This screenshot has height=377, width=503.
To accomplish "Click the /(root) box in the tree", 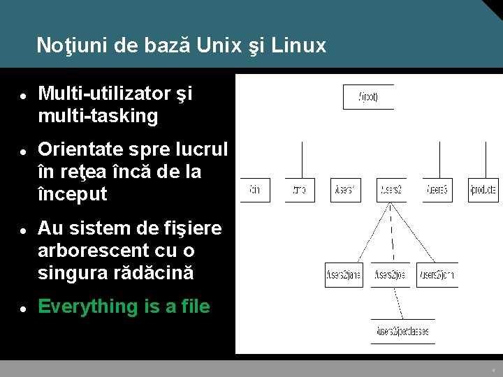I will tap(368, 97).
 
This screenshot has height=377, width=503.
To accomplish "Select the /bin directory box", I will tap(255, 190).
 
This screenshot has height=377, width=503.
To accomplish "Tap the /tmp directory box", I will tap(300, 190).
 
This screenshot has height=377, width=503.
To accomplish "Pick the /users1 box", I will tap(345, 190).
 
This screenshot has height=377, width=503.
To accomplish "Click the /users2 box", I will tap(391, 190).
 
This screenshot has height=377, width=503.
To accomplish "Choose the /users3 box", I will tap(437, 190).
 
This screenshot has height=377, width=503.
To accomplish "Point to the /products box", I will tap(483, 190).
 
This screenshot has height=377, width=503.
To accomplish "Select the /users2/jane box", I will tap(344, 275).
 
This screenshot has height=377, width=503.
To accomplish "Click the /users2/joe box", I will tap(391, 275).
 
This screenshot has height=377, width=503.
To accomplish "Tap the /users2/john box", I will tap(437, 275).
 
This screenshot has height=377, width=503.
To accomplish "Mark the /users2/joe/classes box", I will tap(403, 331).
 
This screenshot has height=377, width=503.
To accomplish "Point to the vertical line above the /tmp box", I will tap(301, 160).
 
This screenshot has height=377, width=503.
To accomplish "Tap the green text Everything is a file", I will tap(124, 306).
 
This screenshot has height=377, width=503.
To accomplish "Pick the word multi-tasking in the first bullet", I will tap(98, 116).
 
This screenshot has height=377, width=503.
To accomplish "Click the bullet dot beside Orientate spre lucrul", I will tap(23, 150).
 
